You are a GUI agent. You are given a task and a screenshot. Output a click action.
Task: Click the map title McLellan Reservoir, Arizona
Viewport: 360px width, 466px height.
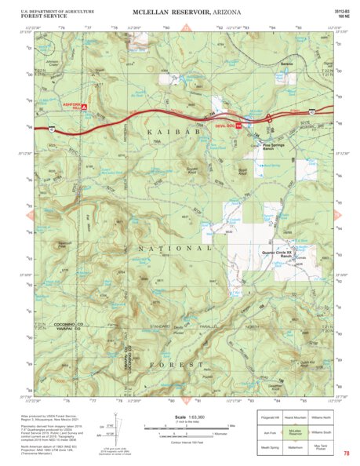[x=180, y=12]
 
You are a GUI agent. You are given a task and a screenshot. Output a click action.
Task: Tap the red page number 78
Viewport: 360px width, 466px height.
[x=346, y=453]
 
